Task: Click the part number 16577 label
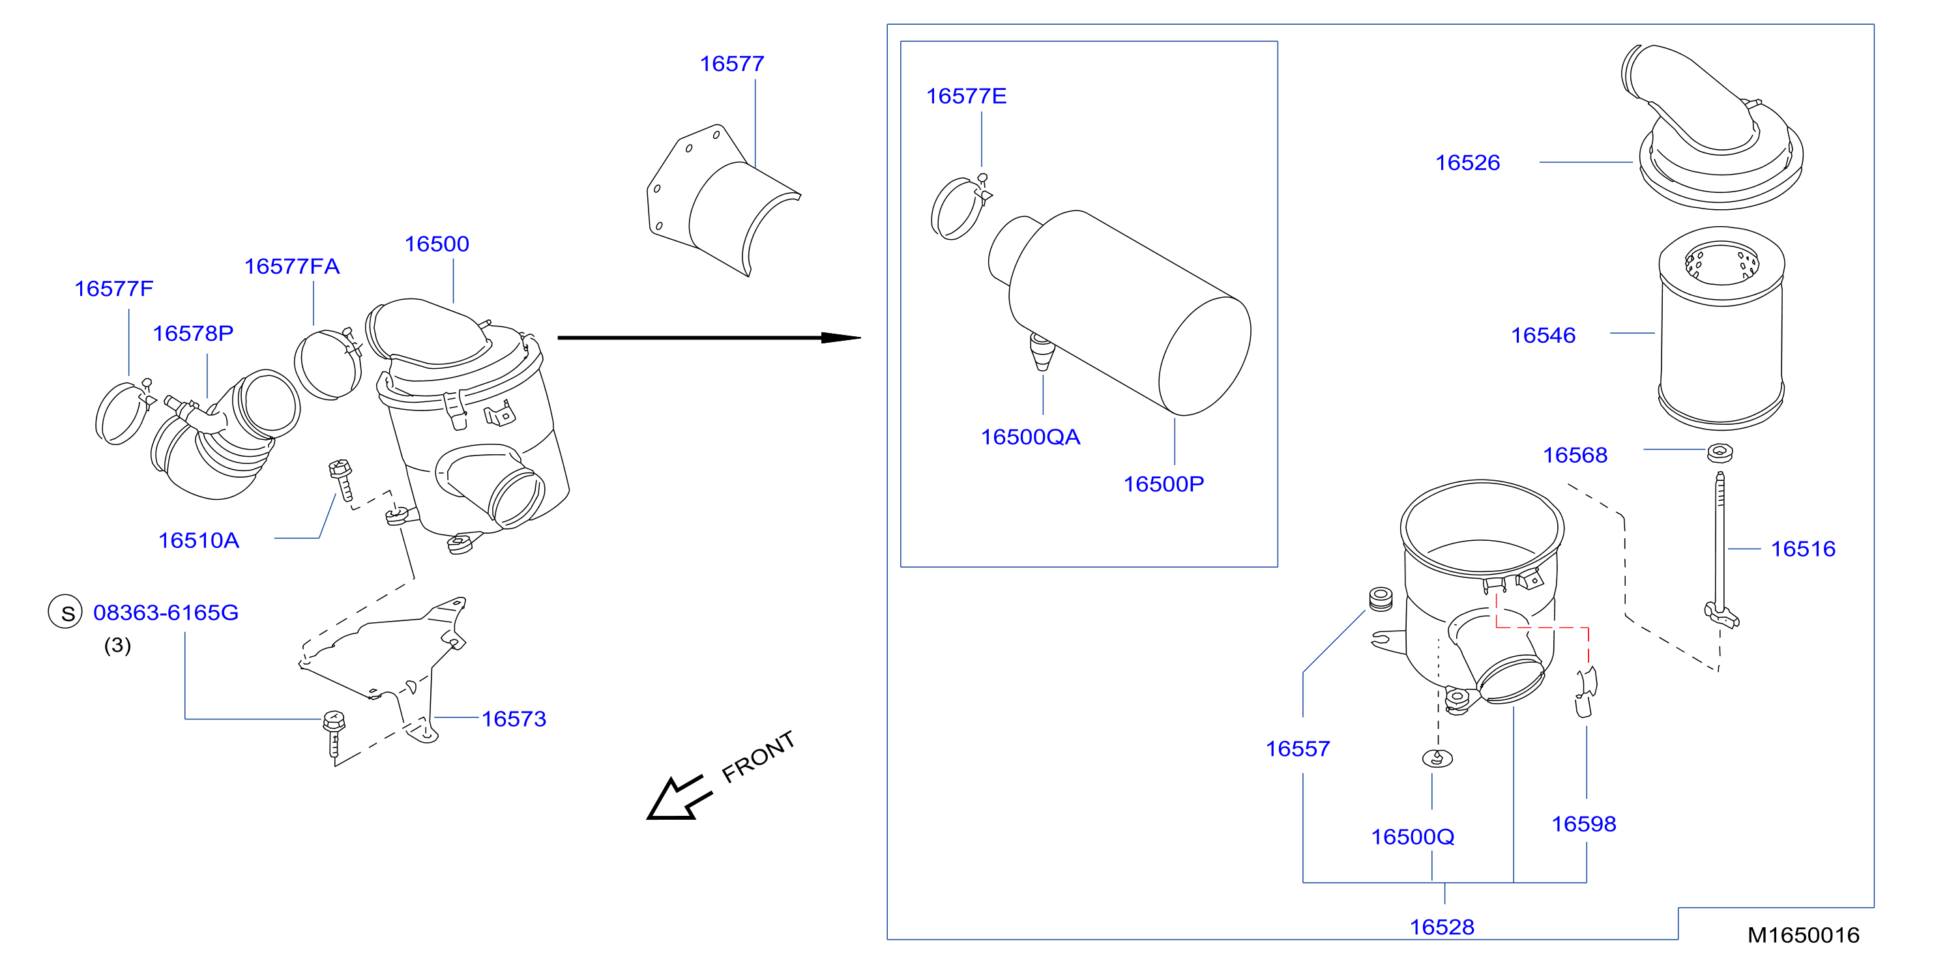pyautogui.click(x=732, y=64)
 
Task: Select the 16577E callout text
pyautogui.click(x=966, y=96)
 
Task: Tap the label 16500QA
pyautogui.click(x=1030, y=437)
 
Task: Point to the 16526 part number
pyautogui.click(x=1468, y=163)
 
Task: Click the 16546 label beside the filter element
pyautogui.click(x=1543, y=336)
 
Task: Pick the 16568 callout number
pyautogui.click(x=1575, y=455)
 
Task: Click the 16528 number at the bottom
pyautogui.click(x=1443, y=927)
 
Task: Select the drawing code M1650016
pyautogui.click(x=1804, y=936)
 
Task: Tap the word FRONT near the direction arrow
pyautogui.click(x=757, y=757)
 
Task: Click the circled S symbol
pyautogui.click(x=65, y=612)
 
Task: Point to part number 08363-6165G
pyautogui.click(x=166, y=613)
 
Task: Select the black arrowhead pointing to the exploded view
pyautogui.click(x=841, y=338)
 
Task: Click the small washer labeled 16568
pyautogui.click(x=1720, y=453)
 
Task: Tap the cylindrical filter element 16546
pyautogui.click(x=1721, y=328)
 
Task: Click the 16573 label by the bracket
pyautogui.click(x=514, y=719)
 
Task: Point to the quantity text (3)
pyautogui.click(x=117, y=646)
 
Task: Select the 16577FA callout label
pyautogui.click(x=291, y=267)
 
